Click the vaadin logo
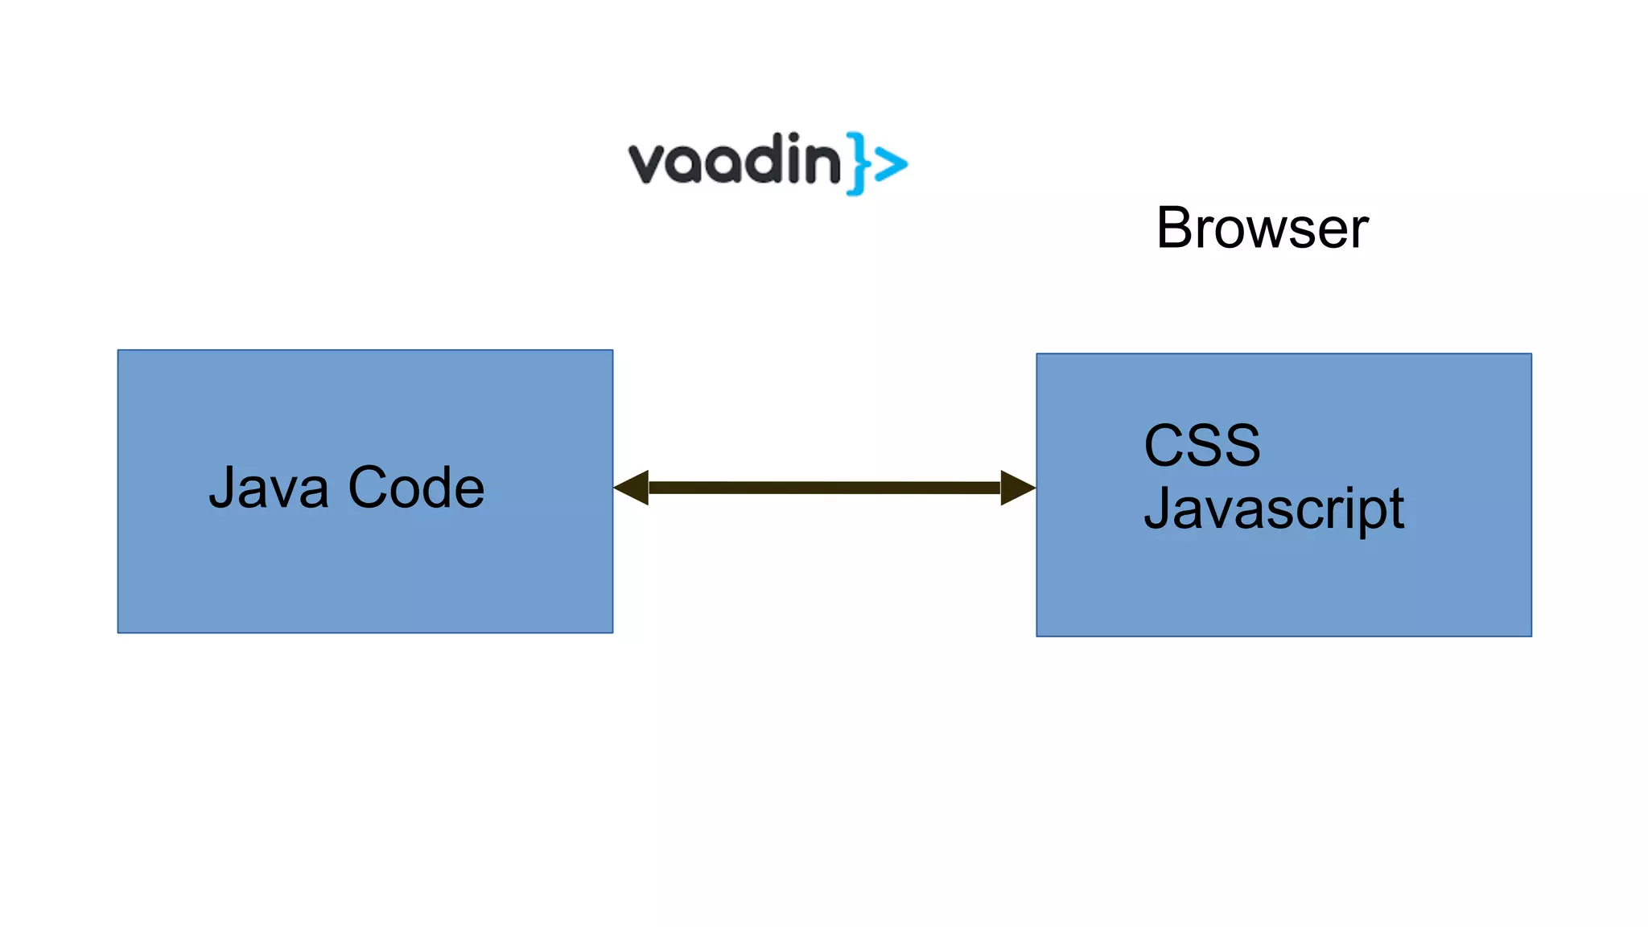click(x=767, y=163)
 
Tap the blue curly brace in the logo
click(x=857, y=163)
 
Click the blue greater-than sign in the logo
click(x=891, y=165)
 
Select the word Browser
click(x=1262, y=229)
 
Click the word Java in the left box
click(x=269, y=488)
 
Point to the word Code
click(x=416, y=488)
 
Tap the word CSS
click(x=1202, y=445)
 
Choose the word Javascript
click(x=1274, y=509)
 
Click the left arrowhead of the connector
click(x=632, y=488)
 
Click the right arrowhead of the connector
click(x=1017, y=488)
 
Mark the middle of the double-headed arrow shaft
click(x=824, y=488)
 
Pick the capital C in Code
click(x=368, y=488)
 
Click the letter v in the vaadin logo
click(x=648, y=165)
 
